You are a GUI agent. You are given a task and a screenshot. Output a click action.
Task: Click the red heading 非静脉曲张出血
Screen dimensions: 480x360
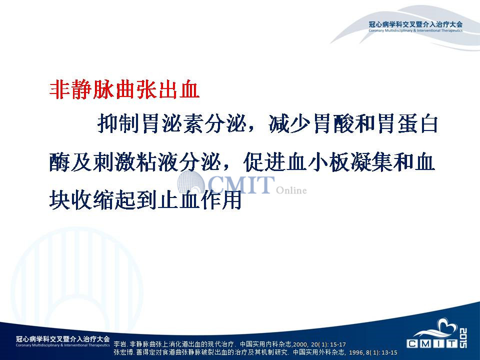click(124, 89)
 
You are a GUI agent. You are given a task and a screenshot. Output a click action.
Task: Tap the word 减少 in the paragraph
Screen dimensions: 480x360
click(289, 124)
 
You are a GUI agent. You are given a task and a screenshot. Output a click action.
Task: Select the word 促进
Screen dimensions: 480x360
click(264, 162)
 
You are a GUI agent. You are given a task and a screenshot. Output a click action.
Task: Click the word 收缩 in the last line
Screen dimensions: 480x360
click(92, 200)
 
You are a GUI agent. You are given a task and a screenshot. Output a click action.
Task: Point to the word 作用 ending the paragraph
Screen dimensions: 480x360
click(221, 200)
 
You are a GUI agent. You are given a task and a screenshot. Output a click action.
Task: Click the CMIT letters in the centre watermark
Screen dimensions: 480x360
click(241, 184)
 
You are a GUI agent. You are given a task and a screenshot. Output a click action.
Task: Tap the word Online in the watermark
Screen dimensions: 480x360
click(291, 190)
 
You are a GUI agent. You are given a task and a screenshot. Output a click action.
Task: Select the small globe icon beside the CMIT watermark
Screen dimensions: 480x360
click(191, 182)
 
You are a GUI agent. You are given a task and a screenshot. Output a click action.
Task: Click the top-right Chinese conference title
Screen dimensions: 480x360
click(415, 24)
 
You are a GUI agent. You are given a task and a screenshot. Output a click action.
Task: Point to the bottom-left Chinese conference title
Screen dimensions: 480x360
click(63, 339)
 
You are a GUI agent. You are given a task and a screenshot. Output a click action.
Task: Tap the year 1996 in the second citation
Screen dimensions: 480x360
click(355, 352)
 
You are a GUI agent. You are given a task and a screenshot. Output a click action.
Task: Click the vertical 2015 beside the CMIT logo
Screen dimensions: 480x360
click(463, 338)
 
